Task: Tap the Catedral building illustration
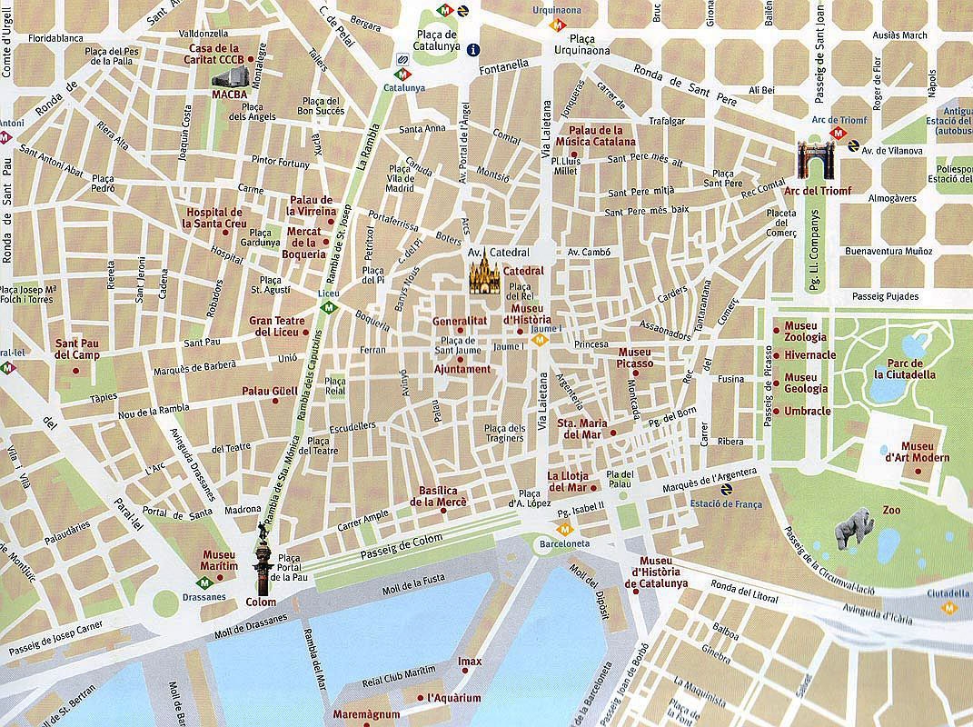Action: (x=482, y=275)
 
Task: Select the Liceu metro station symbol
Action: (x=333, y=308)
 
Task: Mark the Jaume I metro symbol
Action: (x=539, y=341)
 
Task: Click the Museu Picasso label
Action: (x=635, y=357)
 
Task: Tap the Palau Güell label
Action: (x=269, y=392)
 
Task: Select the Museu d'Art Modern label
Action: (x=924, y=452)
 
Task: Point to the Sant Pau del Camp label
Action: (x=77, y=349)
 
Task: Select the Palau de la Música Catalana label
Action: (x=601, y=136)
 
